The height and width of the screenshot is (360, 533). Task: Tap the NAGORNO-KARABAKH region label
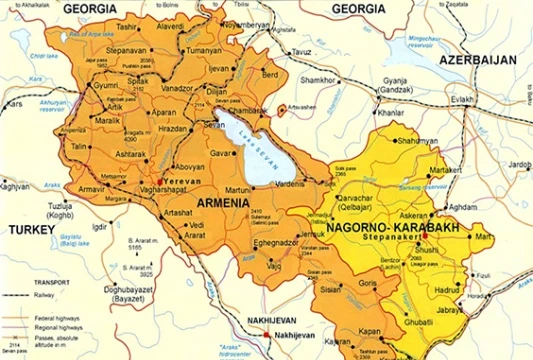393,228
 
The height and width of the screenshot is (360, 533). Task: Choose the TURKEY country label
31,228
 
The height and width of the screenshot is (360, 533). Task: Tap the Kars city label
14,103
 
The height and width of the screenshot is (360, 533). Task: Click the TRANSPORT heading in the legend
26,283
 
